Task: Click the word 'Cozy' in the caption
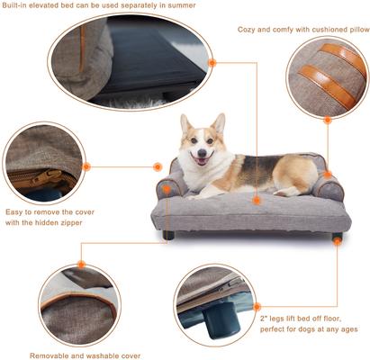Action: click(x=248, y=30)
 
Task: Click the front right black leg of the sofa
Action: click(x=336, y=238)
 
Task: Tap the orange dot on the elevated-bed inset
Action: click(x=212, y=63)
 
